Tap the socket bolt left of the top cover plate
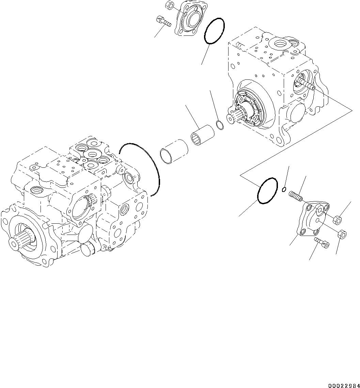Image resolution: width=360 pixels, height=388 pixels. tap(163, 21)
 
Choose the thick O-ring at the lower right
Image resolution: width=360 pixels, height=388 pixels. tap(267, 191)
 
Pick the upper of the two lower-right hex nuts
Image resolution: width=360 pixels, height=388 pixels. tap(338, 220)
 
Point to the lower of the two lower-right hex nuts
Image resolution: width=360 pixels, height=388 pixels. tap(343, 235)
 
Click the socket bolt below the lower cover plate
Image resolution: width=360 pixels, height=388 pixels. tap(321, 242)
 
